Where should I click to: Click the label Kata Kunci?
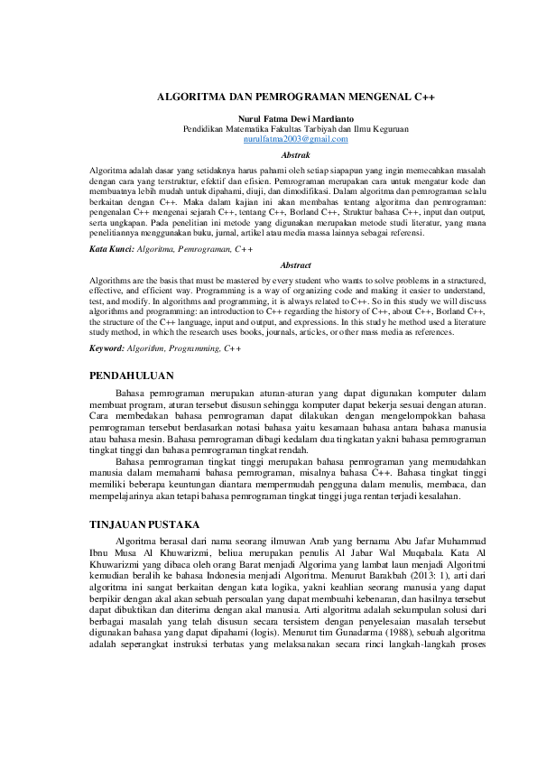click(x=110, y=247)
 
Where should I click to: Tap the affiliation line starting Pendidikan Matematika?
click(x=296, y=129)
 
